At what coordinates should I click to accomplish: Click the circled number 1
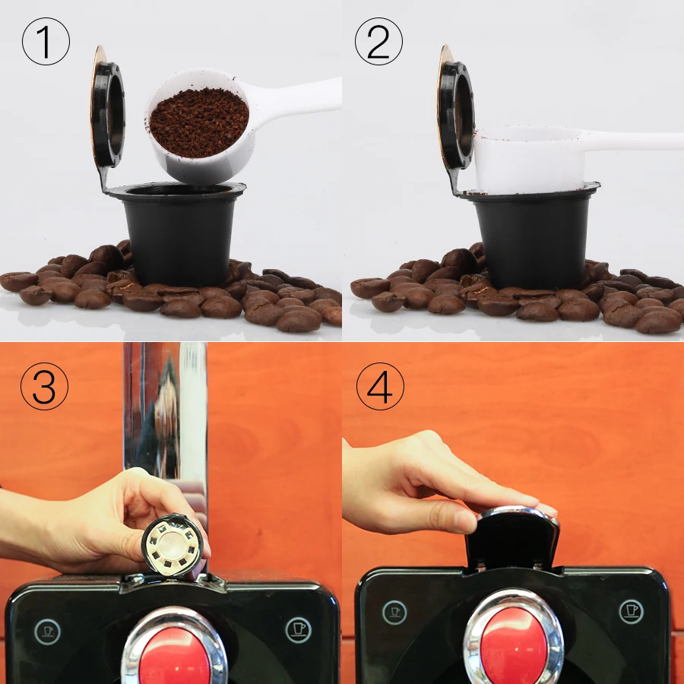point(46,42)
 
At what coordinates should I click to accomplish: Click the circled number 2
point(378,42)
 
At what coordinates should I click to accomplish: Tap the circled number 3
point(45,386)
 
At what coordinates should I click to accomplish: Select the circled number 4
point(381,386)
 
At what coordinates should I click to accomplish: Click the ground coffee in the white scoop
point(199,122)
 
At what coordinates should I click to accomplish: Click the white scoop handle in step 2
point(632,141)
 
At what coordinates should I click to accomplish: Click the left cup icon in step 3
point(48,632)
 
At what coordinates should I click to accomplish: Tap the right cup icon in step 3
point(299,630)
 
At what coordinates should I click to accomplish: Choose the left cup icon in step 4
point(394,613)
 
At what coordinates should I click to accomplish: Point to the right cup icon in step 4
point(632,611)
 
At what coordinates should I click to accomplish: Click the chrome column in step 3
point(165,419)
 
